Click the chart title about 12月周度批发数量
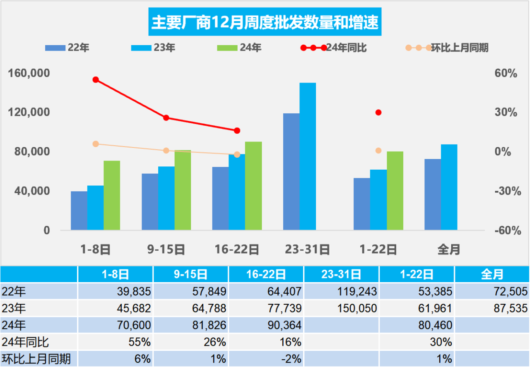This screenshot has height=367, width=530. point(265,22)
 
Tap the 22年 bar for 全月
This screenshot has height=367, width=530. point(433,194)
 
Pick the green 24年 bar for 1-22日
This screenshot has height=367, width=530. point(395,191)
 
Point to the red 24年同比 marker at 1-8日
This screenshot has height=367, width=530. point(96,79)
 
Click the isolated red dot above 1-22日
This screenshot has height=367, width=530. point(378,113)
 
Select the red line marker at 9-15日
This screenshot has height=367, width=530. point(166,118)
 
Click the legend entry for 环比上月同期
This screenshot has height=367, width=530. point(447,48)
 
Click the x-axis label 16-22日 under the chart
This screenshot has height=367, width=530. point(237,250)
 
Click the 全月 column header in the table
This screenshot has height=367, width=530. point(492,274)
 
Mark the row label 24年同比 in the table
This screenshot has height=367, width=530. point(26,342)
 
